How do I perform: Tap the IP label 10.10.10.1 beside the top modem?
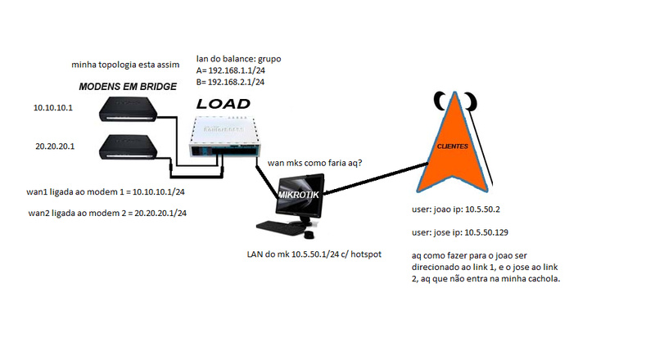53,107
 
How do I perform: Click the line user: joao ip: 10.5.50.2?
462,209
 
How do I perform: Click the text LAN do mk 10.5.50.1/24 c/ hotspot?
313,254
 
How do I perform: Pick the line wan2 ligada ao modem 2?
107,213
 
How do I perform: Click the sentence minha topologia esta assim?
120,65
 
